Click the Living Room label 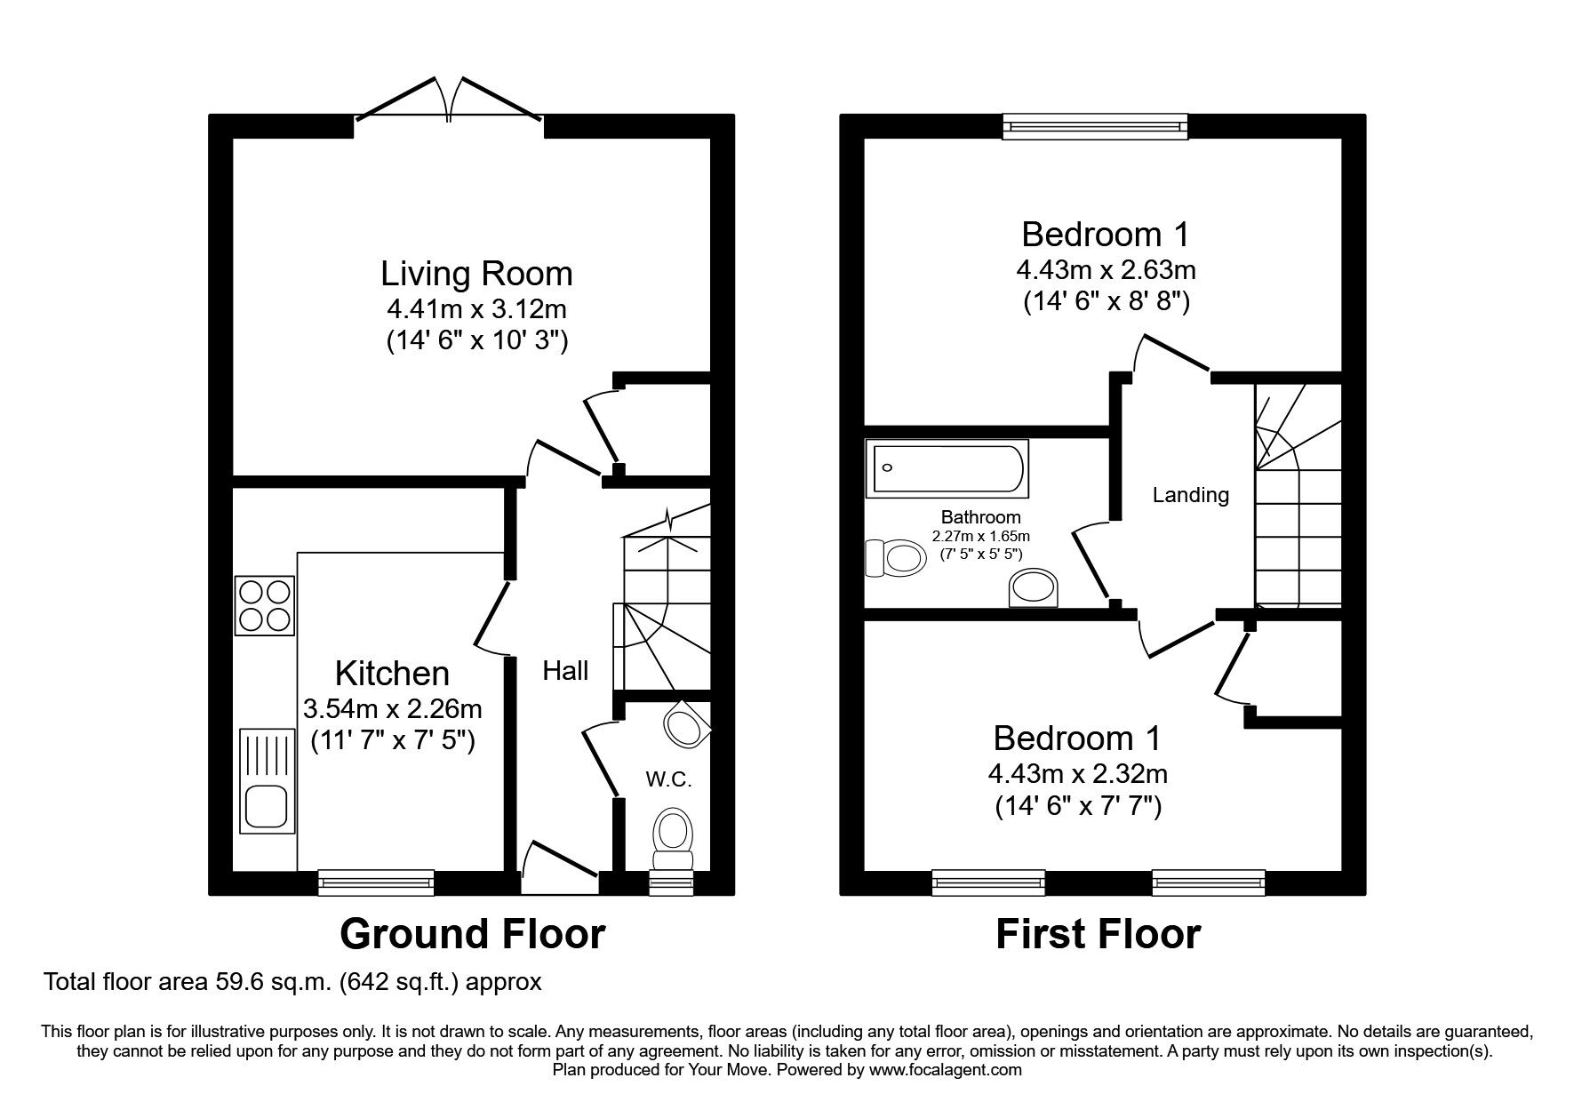coord(476,273)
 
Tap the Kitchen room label coord(392,673)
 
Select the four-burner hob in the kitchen coord(264,606)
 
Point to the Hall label coord(565,671)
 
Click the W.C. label coord(668,779)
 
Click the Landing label coord(1190,495)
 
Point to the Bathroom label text coord(980,517)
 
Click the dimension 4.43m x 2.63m coord(1105,268)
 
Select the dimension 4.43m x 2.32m coord(1077,773)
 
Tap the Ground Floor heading coord(472,934)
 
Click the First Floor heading coord(1098,934)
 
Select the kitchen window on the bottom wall coord(376,882)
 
